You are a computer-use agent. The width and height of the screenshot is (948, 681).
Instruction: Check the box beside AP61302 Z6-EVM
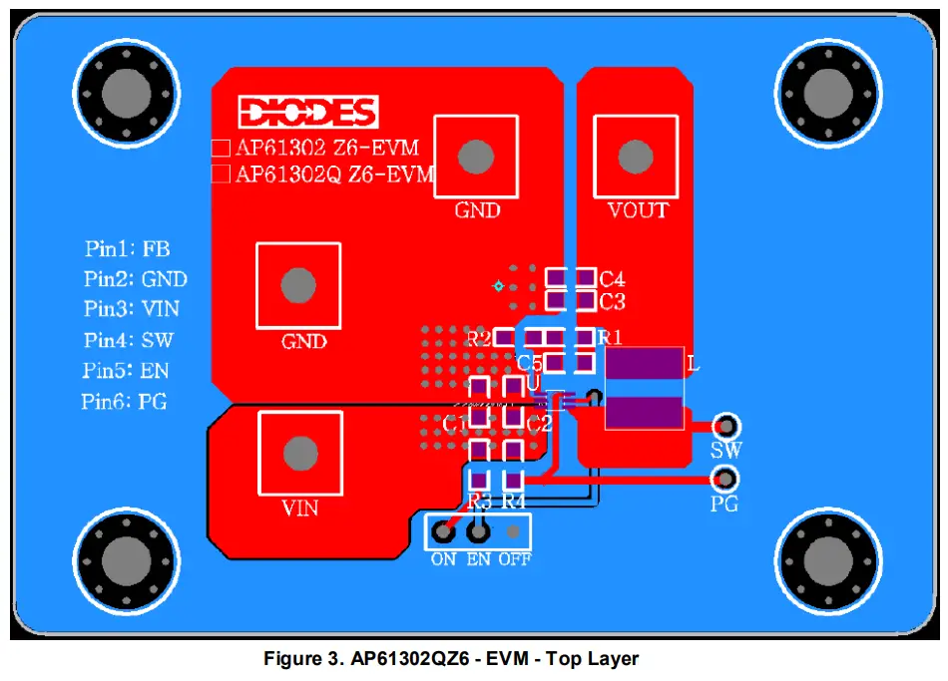tap(221, 149)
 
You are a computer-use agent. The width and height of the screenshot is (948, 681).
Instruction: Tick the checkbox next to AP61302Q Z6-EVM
tap(221, 174)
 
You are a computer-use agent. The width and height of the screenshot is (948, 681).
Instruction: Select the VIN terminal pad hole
tap(299, 454)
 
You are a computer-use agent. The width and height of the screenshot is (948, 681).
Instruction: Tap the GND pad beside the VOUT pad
tap(476, 156)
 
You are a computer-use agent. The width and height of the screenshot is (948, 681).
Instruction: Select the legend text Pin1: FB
tap(127, 249)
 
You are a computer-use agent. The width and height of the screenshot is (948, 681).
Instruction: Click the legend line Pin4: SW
tap(129, 340)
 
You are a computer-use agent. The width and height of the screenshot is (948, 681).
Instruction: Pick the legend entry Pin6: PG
tap(125, 402)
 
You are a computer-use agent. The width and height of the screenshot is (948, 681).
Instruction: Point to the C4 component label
tap(612, 278)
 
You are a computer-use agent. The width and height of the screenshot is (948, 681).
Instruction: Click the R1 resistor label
tap(611, 337)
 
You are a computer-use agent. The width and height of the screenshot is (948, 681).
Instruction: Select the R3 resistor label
tap(479, 500)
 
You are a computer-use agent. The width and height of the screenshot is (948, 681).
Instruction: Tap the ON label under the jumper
tap(443, 559)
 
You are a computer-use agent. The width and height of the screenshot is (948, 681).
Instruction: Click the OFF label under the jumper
tap(515, 559)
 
